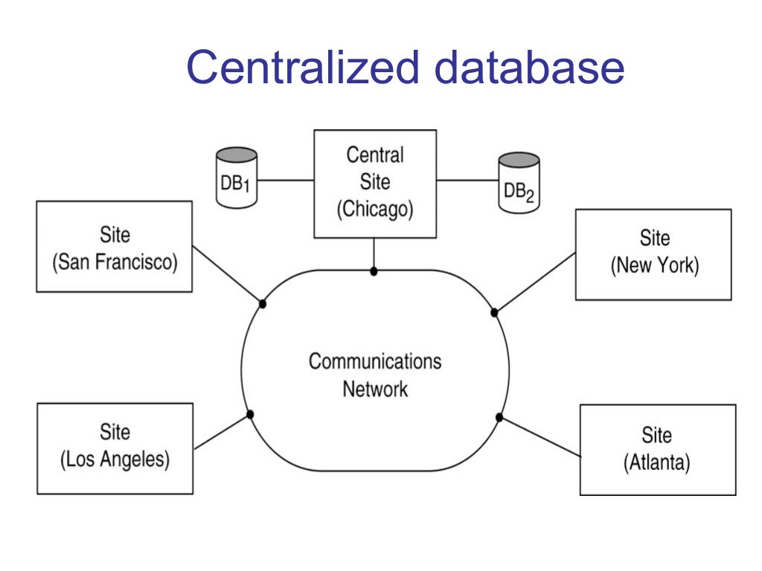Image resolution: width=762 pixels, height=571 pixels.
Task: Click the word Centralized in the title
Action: tap(303, 67)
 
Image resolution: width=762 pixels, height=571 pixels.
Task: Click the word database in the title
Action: tap(529, 67)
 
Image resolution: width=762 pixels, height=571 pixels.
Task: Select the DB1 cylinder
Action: tap(236, 179)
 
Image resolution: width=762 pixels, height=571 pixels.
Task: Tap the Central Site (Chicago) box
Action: tap(375, 183)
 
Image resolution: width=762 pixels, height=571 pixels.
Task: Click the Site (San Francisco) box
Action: tap(114, 246)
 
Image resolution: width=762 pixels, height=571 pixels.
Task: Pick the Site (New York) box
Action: tap(653, 254)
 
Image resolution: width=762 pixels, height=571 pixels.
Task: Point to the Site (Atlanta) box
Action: tap(657, 450)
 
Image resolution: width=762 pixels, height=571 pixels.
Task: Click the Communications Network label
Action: tap(375, 375)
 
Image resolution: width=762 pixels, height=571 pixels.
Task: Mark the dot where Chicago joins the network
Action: tap(374, 271)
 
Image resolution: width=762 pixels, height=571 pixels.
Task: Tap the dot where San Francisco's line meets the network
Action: tap(263, 303)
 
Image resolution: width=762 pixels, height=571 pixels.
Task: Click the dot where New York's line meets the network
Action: tap(494, 312)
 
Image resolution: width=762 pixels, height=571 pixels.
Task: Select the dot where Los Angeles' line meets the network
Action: tap(251, 414)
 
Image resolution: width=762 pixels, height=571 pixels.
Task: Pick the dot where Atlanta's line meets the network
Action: tap(499, 418)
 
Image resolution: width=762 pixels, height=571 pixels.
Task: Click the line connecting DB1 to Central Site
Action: tap(286, 180)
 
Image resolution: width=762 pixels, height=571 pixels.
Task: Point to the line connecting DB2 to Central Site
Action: tap(467, 180)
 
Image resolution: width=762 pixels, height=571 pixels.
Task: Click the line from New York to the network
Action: tap(536, 282)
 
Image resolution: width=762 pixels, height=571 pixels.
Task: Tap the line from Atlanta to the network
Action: tap(540, 437)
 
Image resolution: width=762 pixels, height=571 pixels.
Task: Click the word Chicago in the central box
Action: tap(375, 210)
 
